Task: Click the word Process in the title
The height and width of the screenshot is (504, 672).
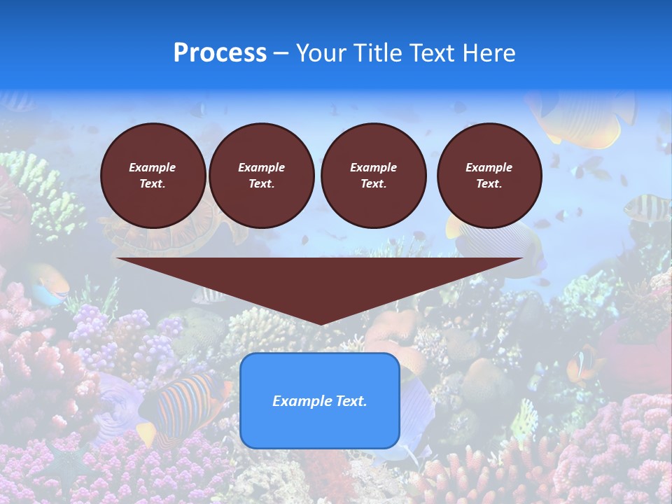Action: pyautogui.click(x=220, y=53)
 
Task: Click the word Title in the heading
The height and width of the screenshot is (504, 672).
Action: pyautogui.click(x=374, y=53)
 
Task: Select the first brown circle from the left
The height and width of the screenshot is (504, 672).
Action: pyautogui.click(x=153, y=176)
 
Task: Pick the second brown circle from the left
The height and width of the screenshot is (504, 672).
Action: pyautogui.click(x=261, y=176)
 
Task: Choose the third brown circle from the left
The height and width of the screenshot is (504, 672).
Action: pyautogui.click(x=373, y=176)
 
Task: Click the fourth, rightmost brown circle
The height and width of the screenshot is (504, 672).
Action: pyautogui.click(x=489, y=176)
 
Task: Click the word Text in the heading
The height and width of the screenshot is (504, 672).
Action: pyautogui.click(x=434, y=53)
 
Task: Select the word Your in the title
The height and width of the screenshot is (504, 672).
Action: pyautogui.click(x=321, y=53)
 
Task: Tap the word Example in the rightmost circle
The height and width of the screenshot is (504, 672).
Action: pyautogui.click(x=489, y=167)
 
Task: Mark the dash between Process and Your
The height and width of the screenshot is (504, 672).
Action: pyautogui.click(x=281, y=53)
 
